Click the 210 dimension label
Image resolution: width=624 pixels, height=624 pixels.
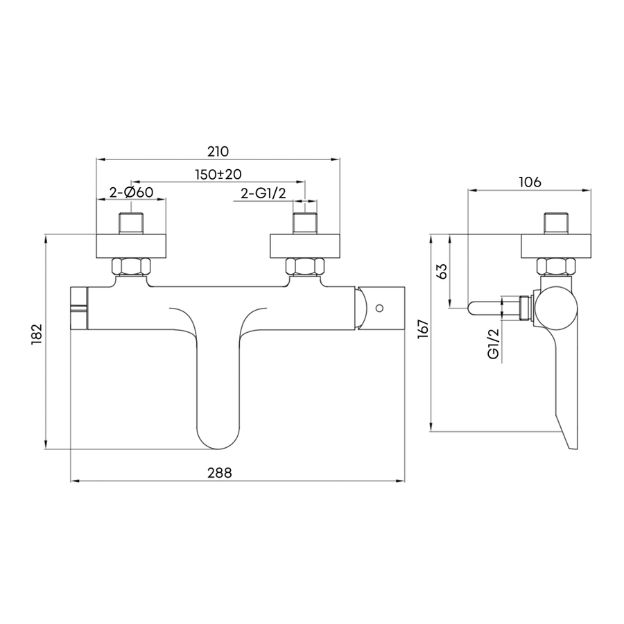tap(218, 152)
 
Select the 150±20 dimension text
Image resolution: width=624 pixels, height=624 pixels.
tap(218, 174)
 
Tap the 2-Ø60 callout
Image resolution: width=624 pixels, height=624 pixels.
tap(131, 193)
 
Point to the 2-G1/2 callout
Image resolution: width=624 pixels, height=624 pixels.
tap(263, 193)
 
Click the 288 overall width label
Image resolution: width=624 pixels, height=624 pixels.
tap(219, 473)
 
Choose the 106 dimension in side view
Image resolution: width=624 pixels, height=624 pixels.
tap(530, 182)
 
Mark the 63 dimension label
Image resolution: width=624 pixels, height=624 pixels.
tap(442, 271)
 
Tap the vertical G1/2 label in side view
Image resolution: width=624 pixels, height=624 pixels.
tap(494, 344)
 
